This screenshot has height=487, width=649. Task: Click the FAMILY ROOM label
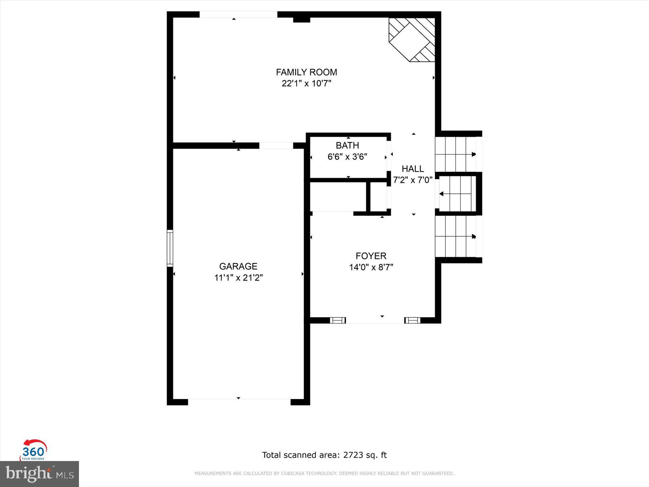tap(306, 72)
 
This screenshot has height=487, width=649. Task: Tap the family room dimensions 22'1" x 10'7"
tap(306, 84)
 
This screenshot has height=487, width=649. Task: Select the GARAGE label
tap(238, 266)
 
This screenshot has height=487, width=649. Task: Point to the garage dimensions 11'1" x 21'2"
tap(238, 278)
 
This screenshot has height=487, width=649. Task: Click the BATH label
tap(347, 145)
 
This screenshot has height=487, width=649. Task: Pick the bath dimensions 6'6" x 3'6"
tap(347, 157)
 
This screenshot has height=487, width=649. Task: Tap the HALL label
tap(413, 168)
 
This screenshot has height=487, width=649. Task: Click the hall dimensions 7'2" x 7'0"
tap(413, 180)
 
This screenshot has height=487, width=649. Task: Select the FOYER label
tap(371, 256)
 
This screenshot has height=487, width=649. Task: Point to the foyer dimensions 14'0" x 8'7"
tap(371, 267)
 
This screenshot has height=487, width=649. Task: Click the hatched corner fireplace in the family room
tap(412, 39)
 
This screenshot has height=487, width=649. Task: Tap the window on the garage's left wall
tap(170, 248)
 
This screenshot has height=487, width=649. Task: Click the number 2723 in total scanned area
tap(353, 455)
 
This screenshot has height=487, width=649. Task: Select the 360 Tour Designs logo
tap(34, 450)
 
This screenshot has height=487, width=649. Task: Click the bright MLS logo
tap(39, 474)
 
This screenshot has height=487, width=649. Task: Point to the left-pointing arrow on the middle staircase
tap(441, 194)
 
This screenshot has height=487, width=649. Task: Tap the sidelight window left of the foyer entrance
tap(338, 320)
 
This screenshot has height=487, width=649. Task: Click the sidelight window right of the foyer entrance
tap(412, 320)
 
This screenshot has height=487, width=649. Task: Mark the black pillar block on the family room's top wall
tap(301, 19)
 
